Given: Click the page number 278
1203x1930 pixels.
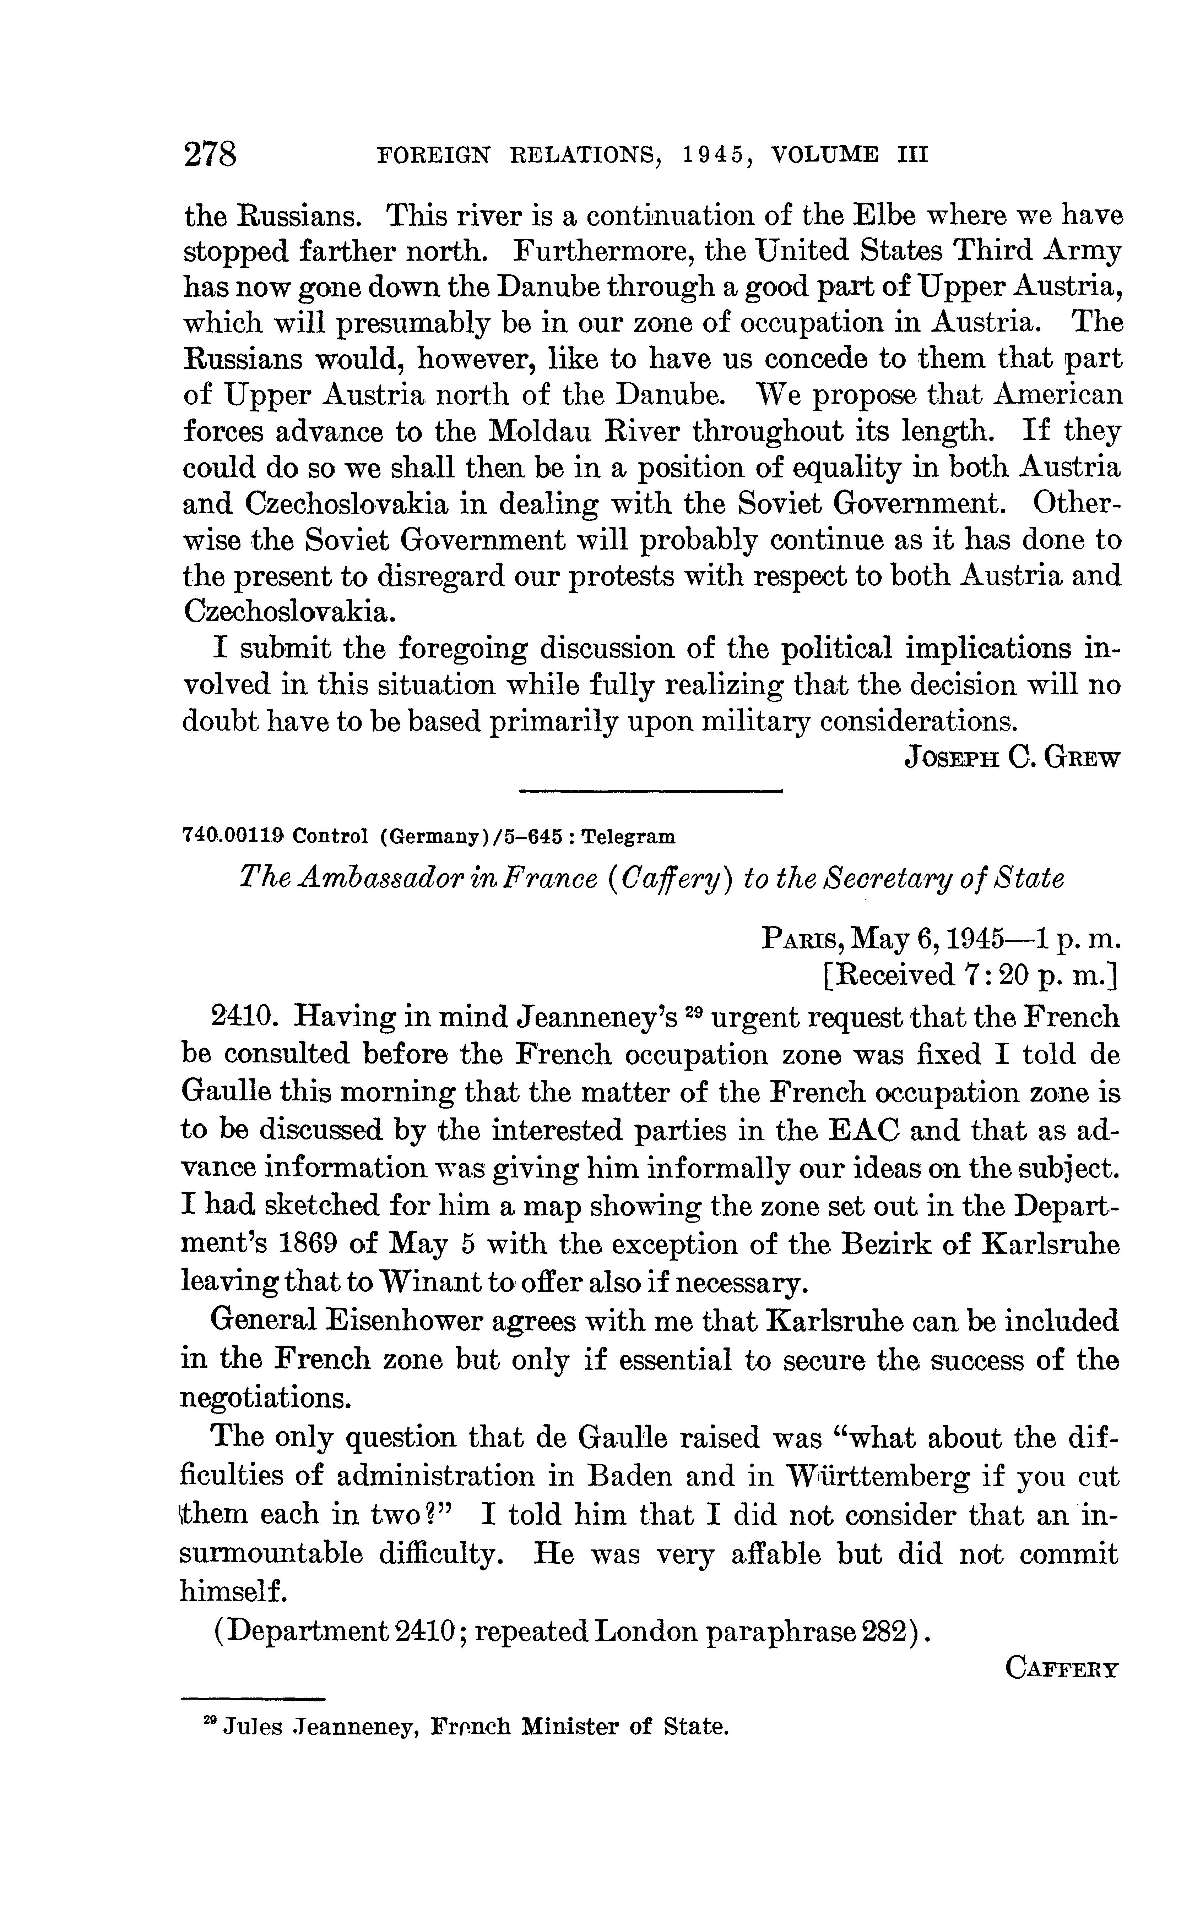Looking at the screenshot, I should pos(211,153).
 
